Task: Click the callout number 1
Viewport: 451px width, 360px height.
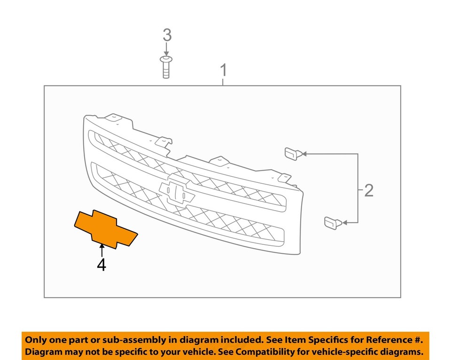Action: point(224,71)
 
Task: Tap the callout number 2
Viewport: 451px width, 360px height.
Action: point(369,190)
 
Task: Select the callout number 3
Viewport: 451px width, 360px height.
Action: point(167,35)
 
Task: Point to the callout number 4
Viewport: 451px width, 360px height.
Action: point(101,265)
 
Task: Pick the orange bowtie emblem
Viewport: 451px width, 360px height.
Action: point(105,229)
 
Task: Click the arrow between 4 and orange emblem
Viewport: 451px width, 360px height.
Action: point(101,250)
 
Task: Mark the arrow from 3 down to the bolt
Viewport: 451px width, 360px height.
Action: point(166,49)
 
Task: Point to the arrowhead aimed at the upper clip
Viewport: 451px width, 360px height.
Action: point(303,154)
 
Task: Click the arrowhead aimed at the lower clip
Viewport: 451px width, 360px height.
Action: point(344,222)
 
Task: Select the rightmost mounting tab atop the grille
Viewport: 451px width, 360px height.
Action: point(283,178)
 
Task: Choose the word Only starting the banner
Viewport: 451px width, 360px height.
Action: point(36,340)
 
